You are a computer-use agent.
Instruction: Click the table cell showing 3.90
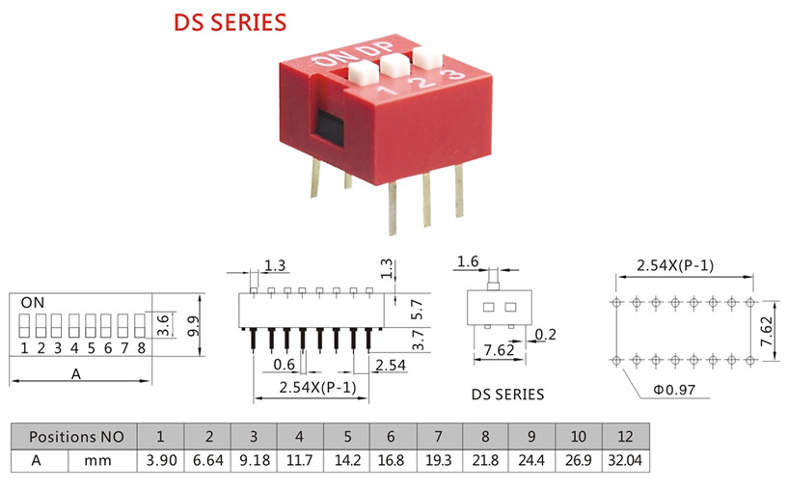[x=159, y=460]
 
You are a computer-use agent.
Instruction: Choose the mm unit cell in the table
[x=98, y=460]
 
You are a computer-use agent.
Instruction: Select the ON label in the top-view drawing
[x=32, y=302]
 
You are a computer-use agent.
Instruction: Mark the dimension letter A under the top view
[x=76, y=374]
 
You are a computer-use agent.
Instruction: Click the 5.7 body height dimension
[x=416, y=309]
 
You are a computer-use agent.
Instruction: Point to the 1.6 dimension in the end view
[x=468, y=261]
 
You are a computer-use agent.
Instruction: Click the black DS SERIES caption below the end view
[x=507, y=394]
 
